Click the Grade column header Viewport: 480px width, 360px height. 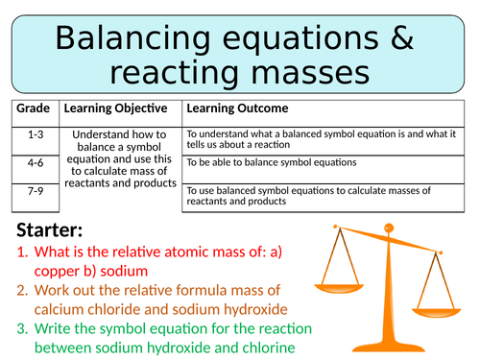(x=33, y=108)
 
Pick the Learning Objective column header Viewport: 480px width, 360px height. (x=116, y=108)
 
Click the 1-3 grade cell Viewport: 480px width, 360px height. (x=33, y=135)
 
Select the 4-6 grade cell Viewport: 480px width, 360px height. (x=33, y=164)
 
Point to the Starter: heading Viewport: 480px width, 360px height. (x=57, y=230)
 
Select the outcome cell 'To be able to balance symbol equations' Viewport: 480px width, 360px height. (x=270, y=163)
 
